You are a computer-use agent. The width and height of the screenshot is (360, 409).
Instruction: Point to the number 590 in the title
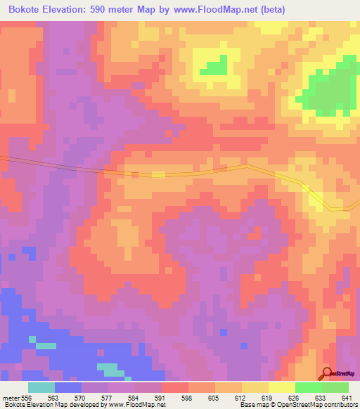pyautogui.click(x=120, y=10)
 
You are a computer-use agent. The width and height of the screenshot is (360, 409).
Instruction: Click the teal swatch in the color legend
pyautogui.click(x=41, y=387)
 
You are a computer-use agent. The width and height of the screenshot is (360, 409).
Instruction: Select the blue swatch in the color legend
pyautogui.click(x=68, y=387)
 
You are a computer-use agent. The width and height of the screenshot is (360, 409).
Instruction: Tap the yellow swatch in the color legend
pyautogui.click(x=281, y=387)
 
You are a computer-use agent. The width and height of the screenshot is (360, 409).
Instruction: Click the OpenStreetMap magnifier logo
pyautogui.click(x=328, y=374)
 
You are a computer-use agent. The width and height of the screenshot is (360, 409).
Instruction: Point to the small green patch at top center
pyautogui.click(x=214, y=67)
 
